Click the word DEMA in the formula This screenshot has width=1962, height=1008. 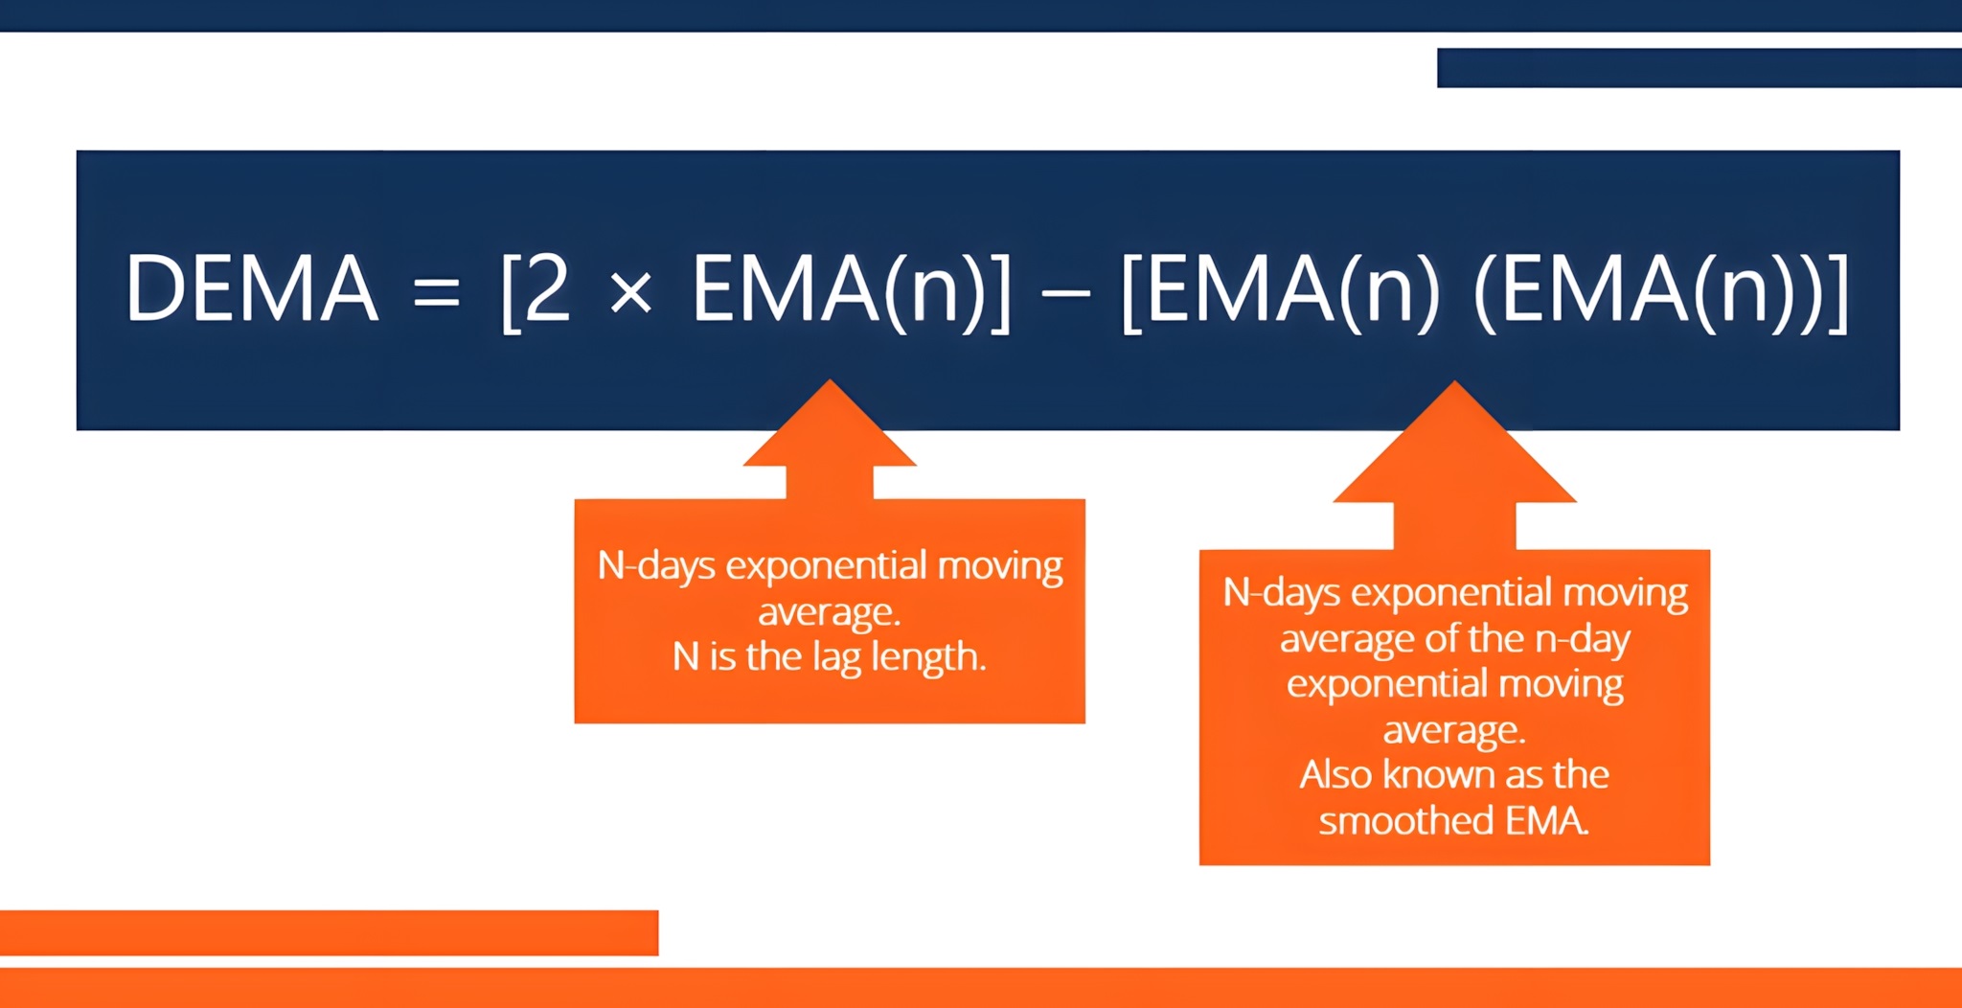(252, 287)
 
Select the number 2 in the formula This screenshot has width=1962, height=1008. (547, 286)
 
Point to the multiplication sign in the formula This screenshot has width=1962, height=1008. (630, 291)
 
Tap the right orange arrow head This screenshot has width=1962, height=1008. (1454, 442)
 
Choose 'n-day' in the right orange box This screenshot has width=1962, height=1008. (1583, 640)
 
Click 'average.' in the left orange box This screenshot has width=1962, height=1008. (830, 613)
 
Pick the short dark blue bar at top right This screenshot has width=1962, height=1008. (1700, 68)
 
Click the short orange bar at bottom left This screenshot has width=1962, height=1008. (329, 932)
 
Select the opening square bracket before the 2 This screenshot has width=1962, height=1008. (512, 291)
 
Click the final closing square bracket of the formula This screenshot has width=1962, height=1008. (1838, 291)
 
